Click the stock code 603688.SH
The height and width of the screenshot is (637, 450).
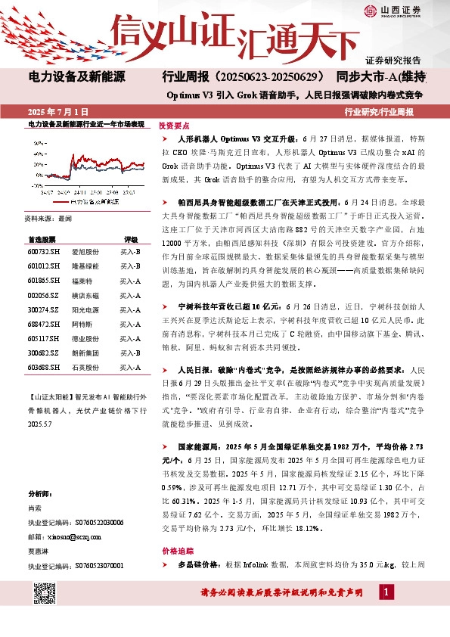pos(42,367)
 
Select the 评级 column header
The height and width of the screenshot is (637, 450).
pos(131,238)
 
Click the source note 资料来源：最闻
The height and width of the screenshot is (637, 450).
pos(50,217)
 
